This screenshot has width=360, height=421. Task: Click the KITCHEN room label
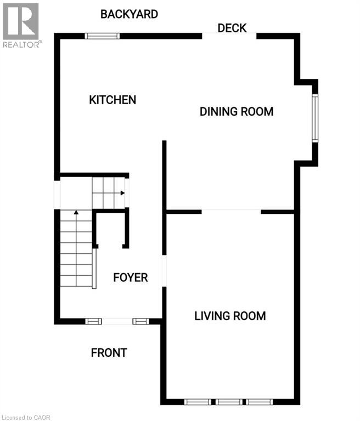[x=113, y=100]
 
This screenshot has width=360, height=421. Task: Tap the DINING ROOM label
[x=237, y=111]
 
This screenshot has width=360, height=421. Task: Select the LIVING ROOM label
[x=230, y=316]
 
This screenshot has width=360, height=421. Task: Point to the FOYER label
[x=131, y=277]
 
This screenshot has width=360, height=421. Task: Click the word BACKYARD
[x=129, y=14]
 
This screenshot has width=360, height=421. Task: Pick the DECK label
[x=232, y=28]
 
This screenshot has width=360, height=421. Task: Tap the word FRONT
[x=109, y=352]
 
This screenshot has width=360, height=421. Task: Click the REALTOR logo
[x=21, y=25]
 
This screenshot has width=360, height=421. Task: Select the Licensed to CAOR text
[x=26, y=418]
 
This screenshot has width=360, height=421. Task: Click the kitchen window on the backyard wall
[x=102, y=36]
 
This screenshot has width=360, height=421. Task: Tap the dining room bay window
[x=315, y=118]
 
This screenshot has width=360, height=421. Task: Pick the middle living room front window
[x=229, y=402]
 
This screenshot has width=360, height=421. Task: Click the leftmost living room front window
[x=198, y=402]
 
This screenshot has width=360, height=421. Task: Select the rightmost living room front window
[x=260, y=402]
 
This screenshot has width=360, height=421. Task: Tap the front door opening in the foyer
[x=117, y=321]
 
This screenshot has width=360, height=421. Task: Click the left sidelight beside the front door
[x=93, y=321]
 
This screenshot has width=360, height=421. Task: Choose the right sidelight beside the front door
[x=140, y=321]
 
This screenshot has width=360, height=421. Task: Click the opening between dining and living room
[x=231, y=212]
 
